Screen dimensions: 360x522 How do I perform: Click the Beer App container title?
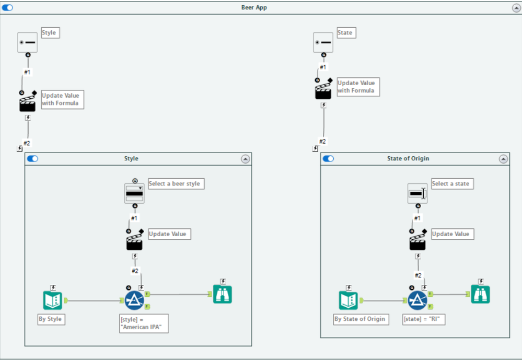click(254, 7)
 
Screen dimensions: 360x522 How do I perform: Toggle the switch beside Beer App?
click(7, 7)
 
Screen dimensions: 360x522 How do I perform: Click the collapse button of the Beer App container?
click(515, 7)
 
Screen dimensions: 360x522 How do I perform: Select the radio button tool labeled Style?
click(28, 42)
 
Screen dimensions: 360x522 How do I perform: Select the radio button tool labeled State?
click(323, 42)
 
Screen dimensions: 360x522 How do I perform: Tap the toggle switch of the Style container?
click(32, 158)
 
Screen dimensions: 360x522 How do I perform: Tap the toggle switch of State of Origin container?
click(328, 158)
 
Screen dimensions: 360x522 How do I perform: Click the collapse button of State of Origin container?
click(503, 158)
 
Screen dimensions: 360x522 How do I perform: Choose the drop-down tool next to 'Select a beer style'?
click(134, 193)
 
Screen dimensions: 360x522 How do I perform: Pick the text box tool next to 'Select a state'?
click(417, 193)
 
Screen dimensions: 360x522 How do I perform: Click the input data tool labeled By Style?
click(52, 300)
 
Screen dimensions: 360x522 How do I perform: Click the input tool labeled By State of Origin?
click(349, 300)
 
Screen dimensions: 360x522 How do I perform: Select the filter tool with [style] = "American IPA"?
click(134, 300)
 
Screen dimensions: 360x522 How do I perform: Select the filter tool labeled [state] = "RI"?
click(417, 300)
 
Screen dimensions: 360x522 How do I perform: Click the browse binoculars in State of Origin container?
click(480, 294)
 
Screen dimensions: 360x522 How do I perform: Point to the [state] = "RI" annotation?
click(423, 319)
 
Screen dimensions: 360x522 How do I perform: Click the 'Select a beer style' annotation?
click(175, 184)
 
